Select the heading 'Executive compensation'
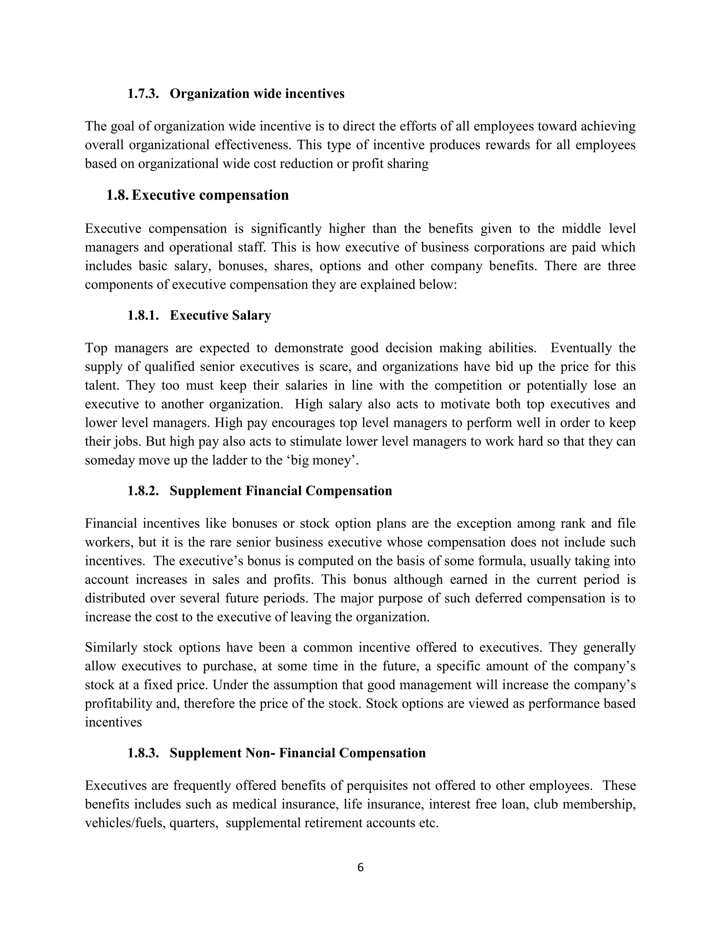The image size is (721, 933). click(x=210, y=195)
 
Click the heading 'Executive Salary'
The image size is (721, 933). click(x=220, y=315)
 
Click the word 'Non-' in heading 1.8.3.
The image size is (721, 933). click(x=260, y=752)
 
